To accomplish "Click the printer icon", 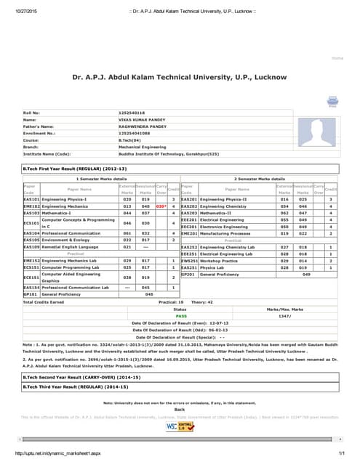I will pos(332,101).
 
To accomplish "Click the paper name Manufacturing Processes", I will pos(226,233).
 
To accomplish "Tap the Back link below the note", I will pos(180,409).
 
